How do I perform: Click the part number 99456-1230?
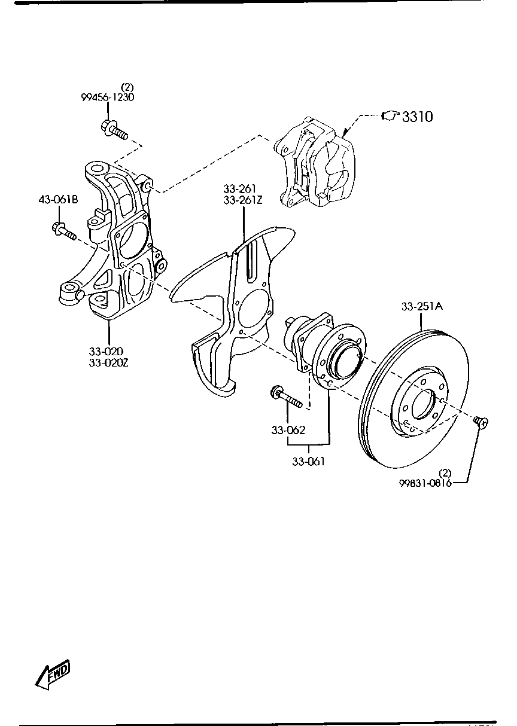(x=107, y=97)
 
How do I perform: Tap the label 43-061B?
(x=59, y=199)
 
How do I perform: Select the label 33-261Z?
(x=242, y=200)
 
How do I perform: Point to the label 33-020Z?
(x=109, y=362)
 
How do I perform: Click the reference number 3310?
(x=418, y=117)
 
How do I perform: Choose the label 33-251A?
(x=422, y=306)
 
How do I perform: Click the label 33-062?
(x=288, y=430)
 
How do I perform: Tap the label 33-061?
(x=308, y=461)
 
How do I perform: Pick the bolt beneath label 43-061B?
(x=63, y=230)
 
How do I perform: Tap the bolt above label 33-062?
(x=286, y=396)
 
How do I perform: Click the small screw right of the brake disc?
(x=481, y=422)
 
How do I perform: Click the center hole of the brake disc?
(x=423, y=404)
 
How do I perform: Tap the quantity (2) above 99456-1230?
(x=127, y=87)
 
